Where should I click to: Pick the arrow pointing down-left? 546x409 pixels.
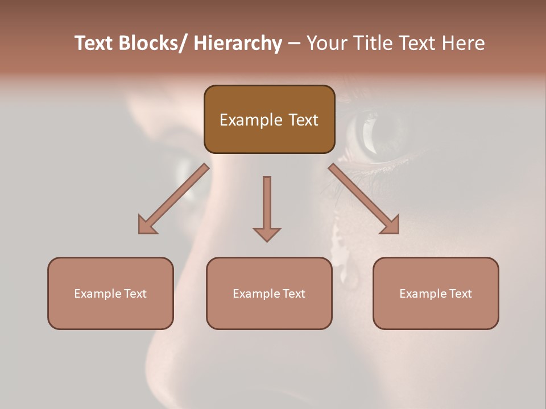[x=173, y=199]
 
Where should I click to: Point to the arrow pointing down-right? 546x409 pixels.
[x=364, y=199]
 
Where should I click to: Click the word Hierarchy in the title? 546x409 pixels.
[x=238, y=44]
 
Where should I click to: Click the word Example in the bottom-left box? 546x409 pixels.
[x=98, y=294]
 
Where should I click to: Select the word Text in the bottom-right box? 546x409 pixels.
[x=460, y=294]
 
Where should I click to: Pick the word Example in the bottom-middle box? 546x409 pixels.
[x=257, y=294]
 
